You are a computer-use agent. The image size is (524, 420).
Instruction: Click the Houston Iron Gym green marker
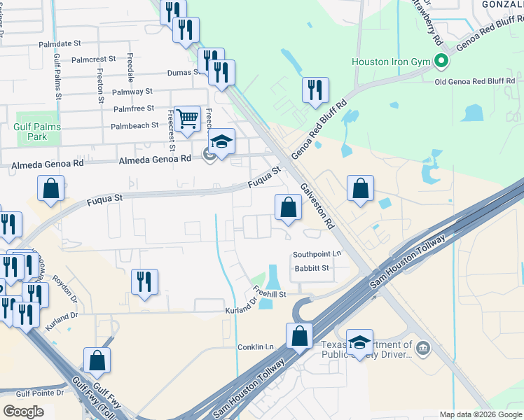(x=441, y=61)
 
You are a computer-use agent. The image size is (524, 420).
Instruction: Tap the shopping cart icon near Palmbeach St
(x=187, y=119)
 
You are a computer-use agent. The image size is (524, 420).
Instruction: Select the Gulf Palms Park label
(x=37, y=132)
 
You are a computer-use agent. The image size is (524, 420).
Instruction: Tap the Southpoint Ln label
(x=317, y=254)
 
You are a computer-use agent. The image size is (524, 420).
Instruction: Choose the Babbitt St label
(x=310, y=268)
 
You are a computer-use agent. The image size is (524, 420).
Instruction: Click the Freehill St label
(x=270, y=295)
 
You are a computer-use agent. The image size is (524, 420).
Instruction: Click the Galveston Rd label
(x=317, y=207)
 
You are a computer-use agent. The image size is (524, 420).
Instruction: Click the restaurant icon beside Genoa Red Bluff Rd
(x=315, y=90)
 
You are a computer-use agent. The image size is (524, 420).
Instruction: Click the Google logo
(x=23, y=411)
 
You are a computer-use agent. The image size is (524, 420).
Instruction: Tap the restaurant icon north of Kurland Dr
(x=144, y=281)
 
